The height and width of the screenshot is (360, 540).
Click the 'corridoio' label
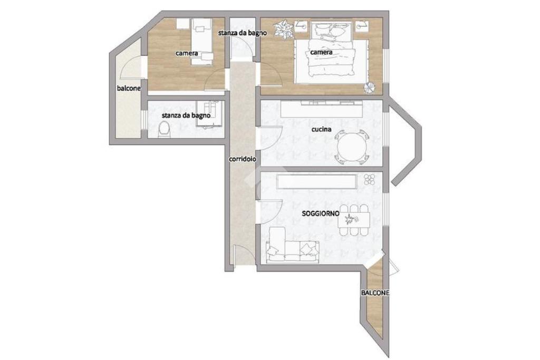point(243,159)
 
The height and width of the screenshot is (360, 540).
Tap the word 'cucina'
point(321,130)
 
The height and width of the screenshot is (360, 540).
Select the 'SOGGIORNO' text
point(320,213)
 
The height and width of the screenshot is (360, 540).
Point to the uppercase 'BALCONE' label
point(375,293)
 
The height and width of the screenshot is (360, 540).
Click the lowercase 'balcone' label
point(129,88)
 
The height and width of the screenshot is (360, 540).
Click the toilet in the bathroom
point(164,130)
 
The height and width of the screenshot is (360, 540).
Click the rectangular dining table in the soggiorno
point(354,220)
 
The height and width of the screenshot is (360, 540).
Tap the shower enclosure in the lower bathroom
point(209,114)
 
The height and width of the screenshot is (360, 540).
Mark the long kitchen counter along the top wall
point(322,109)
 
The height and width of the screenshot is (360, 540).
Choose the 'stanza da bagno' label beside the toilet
point(186,115)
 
